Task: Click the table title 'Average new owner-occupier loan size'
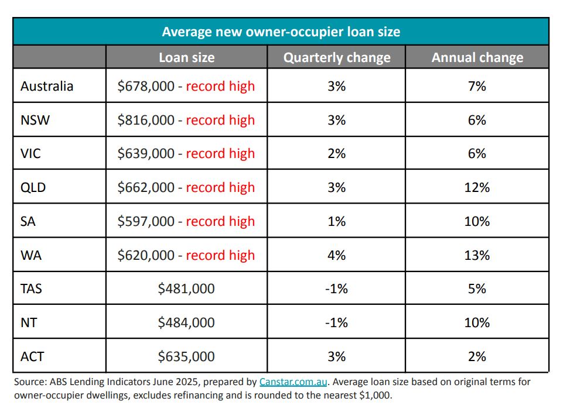pos(281,31)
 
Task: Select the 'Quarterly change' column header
pos(336,57)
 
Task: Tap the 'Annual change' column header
pos(477,57)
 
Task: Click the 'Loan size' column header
pos(186,57)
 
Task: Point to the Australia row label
pos(47,86)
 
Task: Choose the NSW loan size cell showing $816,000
pos(146,120)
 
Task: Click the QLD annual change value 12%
pos(477,187)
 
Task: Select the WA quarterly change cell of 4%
pos(336,255)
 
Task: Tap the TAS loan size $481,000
pos(186,289)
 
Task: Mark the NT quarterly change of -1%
pos(336,322)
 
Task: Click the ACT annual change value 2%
pos(477,356)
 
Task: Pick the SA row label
pos(29,221)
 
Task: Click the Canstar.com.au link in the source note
pos(294,382)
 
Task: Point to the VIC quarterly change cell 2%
pos(336,153)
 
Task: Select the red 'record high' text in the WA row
pos(220,255)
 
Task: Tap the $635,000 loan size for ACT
pos(186,356)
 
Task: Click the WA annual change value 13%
pos(477,255)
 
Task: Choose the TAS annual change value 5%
pos(477,289)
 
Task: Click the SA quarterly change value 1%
pos(336,221)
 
